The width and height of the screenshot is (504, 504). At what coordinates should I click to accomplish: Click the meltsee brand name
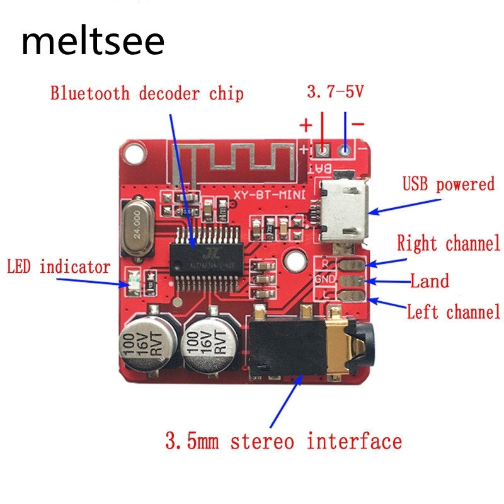(93, 42)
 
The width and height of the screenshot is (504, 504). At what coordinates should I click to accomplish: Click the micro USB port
(343, 210)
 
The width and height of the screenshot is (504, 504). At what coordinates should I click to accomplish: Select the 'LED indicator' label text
(59, 267)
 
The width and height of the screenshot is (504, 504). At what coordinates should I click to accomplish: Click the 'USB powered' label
(449, 185)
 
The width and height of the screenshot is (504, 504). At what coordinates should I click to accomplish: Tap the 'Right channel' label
(448, 243)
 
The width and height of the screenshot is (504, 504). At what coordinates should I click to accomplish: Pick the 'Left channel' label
(453, 311)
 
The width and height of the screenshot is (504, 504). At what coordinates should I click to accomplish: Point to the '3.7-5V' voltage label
(335, 93)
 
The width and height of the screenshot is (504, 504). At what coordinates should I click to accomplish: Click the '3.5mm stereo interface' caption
(283, 440)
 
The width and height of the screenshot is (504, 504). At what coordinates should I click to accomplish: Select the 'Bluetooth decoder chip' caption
(147, 94)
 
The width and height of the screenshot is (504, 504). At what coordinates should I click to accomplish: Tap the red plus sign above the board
(306, 125)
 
